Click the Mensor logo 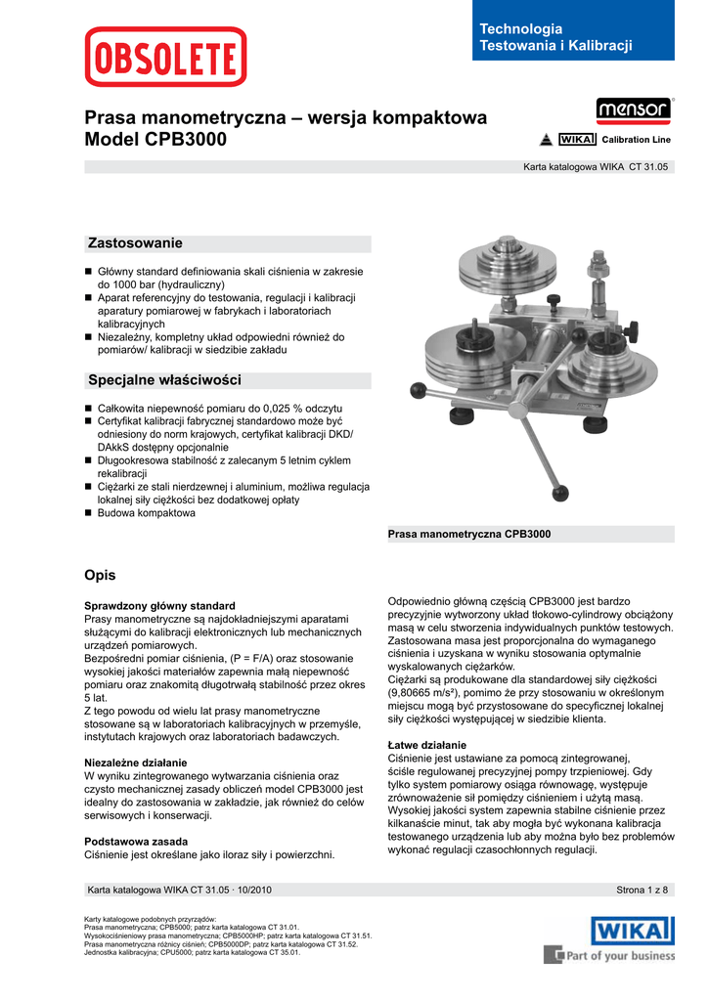633,109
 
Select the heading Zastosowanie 136,242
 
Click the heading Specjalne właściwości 164,379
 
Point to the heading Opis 102,575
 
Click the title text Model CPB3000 156,140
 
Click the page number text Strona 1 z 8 642,890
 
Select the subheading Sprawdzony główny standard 160,606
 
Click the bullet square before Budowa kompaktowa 88,513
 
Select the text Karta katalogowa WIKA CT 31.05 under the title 596,167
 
